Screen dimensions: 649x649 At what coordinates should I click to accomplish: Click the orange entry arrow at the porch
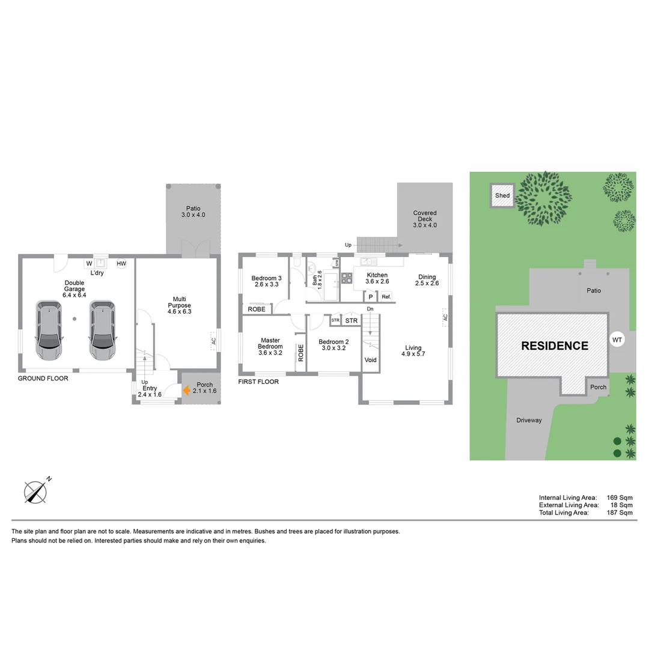tap(187, 390)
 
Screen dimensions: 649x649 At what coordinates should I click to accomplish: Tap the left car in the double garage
tap(49, 330)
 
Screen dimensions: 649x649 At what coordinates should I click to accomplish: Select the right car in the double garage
tap(102, 330)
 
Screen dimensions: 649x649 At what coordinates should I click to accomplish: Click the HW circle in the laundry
tap(121, 263)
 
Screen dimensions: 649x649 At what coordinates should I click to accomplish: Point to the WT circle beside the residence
tap(617, 340)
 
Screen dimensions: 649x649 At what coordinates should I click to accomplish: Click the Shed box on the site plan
tap(502, 195)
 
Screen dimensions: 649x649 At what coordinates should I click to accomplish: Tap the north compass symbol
tap(36, 492)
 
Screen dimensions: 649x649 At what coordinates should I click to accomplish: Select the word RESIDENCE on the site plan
tap(554, 346)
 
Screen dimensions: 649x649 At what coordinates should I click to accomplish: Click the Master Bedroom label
tap(270, 347)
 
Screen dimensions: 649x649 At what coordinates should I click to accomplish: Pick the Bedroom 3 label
tap(267, 281)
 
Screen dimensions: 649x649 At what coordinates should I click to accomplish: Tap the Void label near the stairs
tap(370, 360)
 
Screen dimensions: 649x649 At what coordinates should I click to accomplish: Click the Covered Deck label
tap(425, 219)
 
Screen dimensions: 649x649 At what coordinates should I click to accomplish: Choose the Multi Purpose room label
tap(179, 305)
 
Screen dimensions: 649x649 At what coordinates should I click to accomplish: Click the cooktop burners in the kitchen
tap(347, 278)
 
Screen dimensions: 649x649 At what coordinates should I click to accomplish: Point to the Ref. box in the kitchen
tap(386, 296)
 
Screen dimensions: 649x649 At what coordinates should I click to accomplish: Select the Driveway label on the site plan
tap(529, 420)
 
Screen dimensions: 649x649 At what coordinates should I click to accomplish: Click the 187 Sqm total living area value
tap(620, 513)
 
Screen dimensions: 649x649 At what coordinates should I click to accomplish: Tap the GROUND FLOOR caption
tap(43, 379)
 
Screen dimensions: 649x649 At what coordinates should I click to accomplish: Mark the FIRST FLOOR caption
tap(258, 382)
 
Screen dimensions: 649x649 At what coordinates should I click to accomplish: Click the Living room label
tap(413, 350)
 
